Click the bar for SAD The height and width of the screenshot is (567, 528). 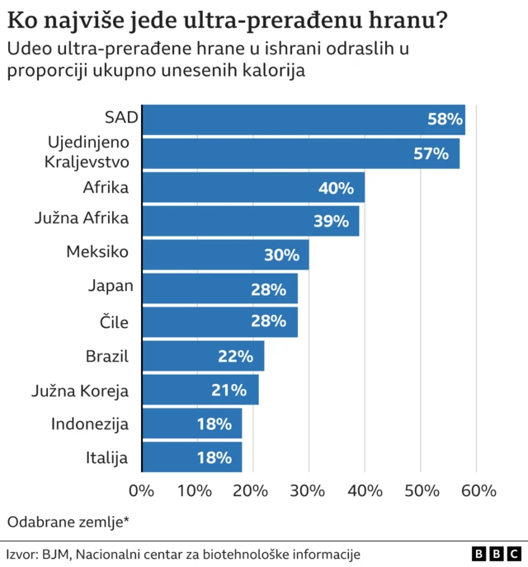tap(304, 119)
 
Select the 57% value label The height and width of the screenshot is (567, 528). tap(431, 153)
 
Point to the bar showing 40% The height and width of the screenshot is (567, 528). tap(253, 187)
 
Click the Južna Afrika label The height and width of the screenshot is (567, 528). tap(82, 220)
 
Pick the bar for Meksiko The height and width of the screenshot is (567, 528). tap(225, 255)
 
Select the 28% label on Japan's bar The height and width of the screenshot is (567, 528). tap(268, 288)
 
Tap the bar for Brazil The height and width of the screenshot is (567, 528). tap(203, 356)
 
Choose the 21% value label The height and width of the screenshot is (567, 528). tap(229, 390)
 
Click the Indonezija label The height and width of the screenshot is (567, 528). tap(90, 424)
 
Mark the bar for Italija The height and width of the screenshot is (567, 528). tap(191, 457)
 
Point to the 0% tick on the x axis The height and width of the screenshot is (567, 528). tap(142, 491)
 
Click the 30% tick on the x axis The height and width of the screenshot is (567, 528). tap(309, 491)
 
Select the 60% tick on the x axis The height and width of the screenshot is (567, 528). tap(478, 491)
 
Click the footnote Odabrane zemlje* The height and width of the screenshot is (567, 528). tap(68, 521)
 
